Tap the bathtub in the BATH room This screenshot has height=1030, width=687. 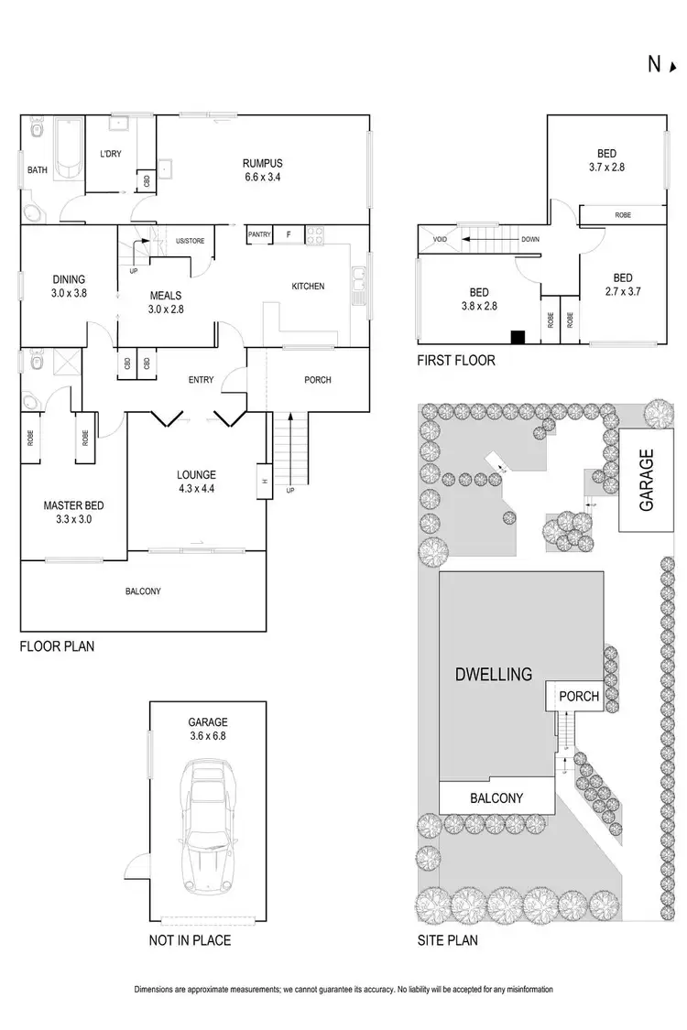tap(65, 146)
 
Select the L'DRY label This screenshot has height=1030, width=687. tap(111, 153)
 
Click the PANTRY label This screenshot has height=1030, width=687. tap(259, 235)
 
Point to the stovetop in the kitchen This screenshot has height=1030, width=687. tap(317, 235)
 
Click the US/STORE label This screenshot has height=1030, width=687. tap(190, 240)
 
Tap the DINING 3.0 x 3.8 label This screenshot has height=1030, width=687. tap(69, 287)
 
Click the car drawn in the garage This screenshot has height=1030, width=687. tap(207, 829)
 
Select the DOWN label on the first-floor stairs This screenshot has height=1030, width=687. tap(530, 240)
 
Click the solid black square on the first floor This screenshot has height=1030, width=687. tap(518, 336)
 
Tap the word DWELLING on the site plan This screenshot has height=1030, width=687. tap(493, 675)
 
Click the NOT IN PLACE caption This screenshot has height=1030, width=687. tap(189, 940)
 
